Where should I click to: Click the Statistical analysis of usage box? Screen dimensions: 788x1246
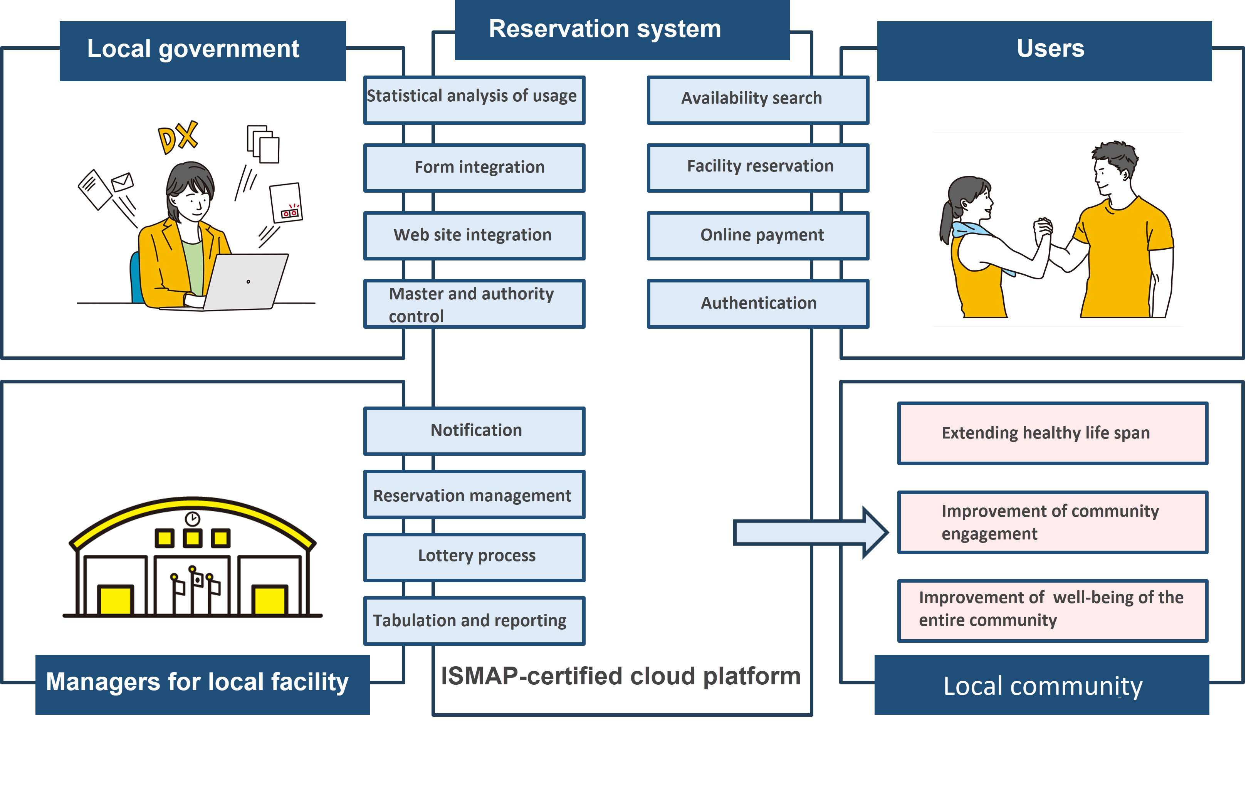click(474, 99)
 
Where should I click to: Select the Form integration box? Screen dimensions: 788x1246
click(474, 168)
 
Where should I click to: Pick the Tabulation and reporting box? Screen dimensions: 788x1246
click(474, 620)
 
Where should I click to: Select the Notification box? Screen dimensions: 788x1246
click(474, 430)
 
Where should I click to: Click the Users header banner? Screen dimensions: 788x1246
click(1044, 50)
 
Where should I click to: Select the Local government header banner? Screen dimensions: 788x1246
click(202, 50)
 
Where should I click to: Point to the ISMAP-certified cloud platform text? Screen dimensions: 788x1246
click(620, 676)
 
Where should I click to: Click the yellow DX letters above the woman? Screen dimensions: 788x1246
click(178, 137)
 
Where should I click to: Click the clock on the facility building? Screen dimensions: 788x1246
click(193, 518)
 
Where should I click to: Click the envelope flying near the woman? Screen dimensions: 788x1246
click(122, 182)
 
